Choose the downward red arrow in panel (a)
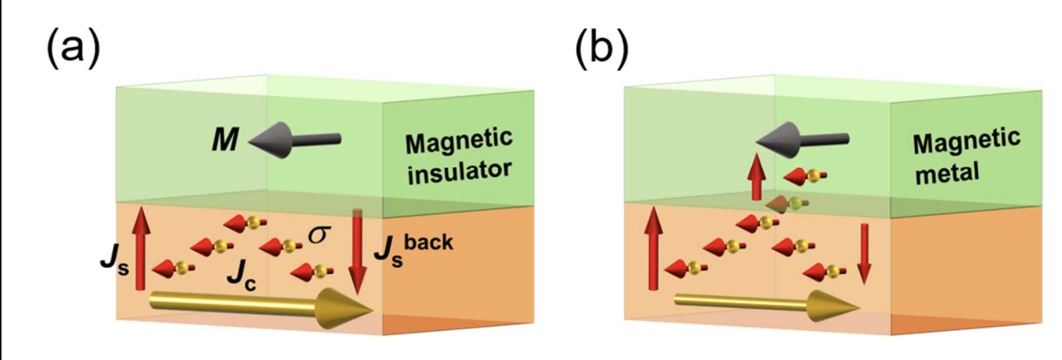pyautogui.click(x=357, y=253)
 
